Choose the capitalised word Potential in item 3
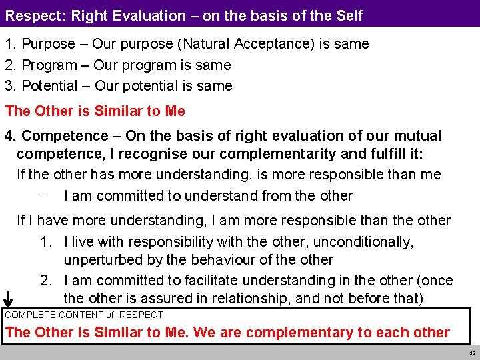tap(51, 86)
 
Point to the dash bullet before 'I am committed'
tap(42, 196)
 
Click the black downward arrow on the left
tap(9, 300)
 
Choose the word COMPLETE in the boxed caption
tap(30, 315)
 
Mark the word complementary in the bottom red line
tap(297, 333)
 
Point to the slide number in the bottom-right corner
tap(472, 353)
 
